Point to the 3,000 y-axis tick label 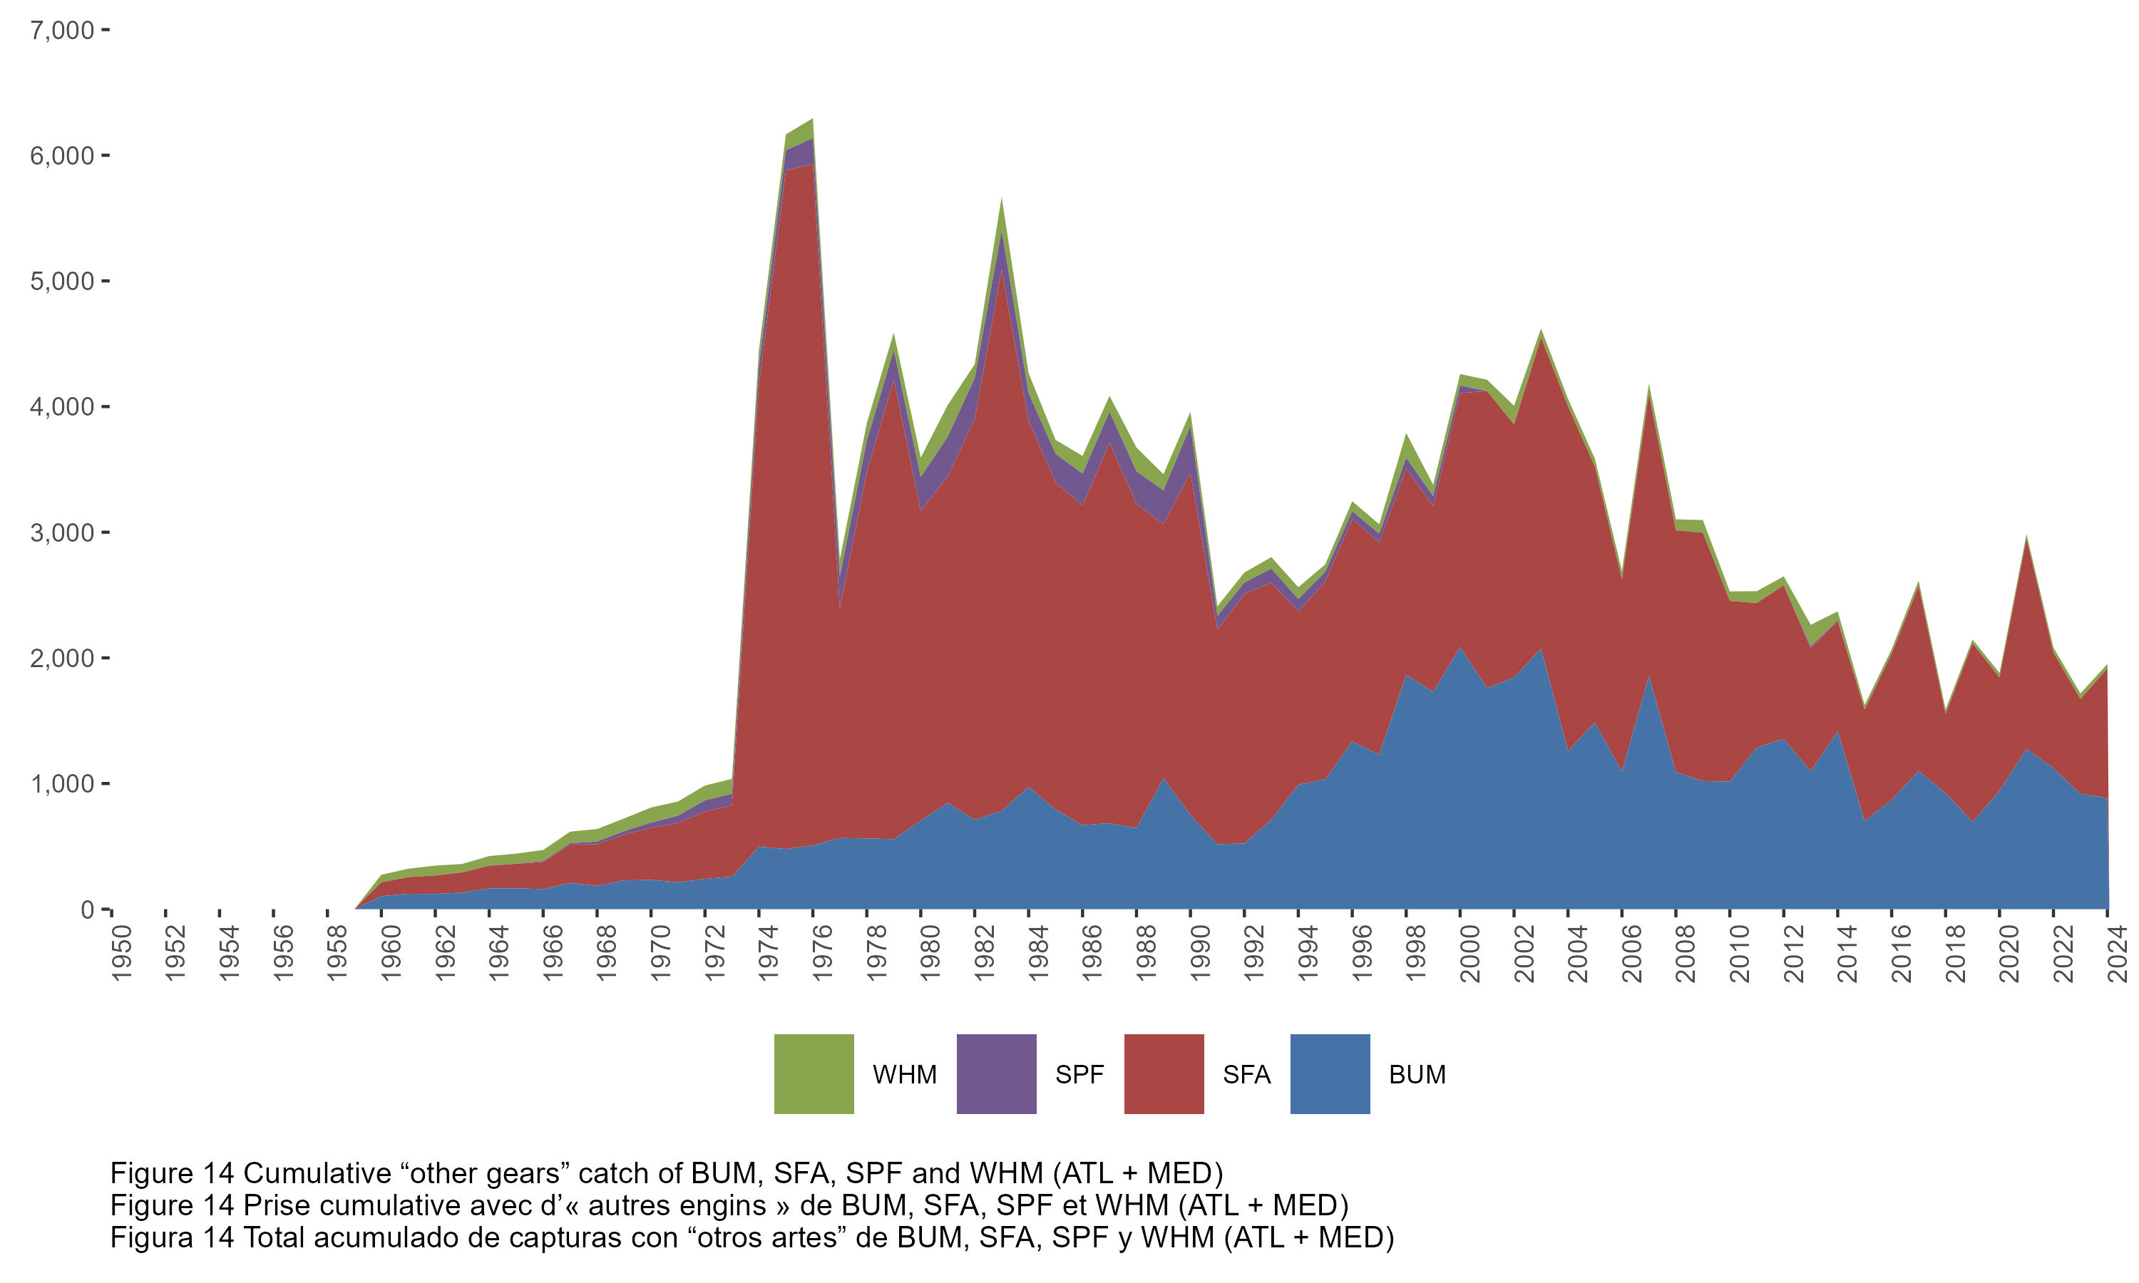point(61,532)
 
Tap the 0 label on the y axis point(87,910)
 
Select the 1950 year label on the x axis point(122,953)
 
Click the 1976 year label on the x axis point(823,953)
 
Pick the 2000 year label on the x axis point(1471,953)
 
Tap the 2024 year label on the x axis point(2118,953)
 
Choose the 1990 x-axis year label point(1201,953)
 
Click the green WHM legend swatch point(814,1073)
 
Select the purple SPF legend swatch point(996,1073)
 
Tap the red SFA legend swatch point(1164,1073)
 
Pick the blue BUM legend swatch point(1330,1073)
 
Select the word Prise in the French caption point(277,1205)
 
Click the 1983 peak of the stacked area point(1001,199)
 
